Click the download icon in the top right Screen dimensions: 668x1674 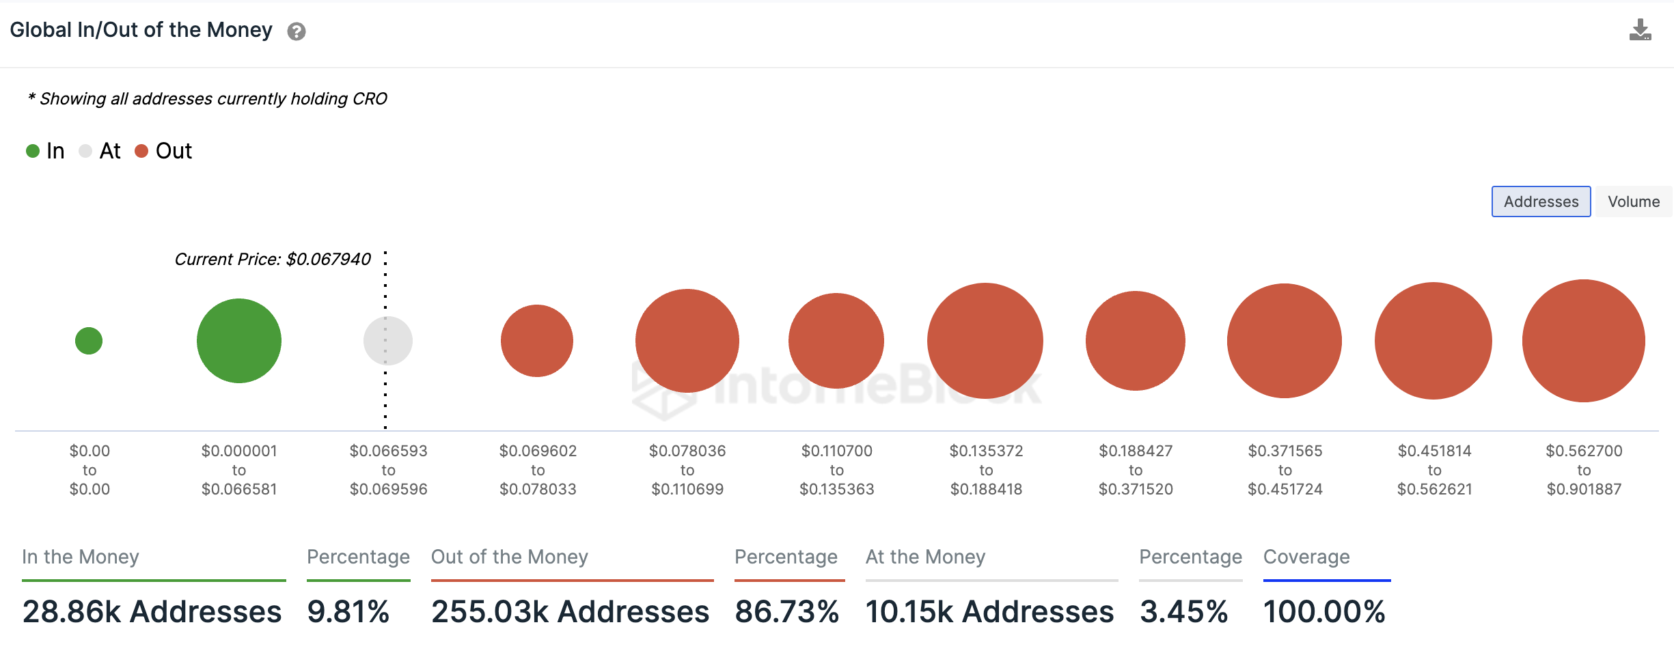(1640, 31)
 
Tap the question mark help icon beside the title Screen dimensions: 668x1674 (296, 31)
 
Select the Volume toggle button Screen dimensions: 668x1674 (1633, 201)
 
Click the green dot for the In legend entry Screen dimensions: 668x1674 (33, 151)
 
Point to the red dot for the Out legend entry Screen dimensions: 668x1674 (141, 151)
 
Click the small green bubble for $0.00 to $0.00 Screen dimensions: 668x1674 (89, 341)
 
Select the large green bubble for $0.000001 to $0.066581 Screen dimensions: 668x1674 (239, 341)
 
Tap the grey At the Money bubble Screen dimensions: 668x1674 (387, 341)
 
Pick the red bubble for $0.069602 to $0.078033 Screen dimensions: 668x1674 (537, 341)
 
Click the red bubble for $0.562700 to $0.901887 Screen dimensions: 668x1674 (1583, 341)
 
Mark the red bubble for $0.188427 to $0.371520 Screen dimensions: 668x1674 (1135, 341)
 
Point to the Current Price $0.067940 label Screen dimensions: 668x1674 (273, 260)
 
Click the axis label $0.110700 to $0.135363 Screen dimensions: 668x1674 (836, 470)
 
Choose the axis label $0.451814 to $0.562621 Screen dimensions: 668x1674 (1434, 470)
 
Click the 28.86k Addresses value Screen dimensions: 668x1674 (152, 611)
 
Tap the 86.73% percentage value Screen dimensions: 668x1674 (786, 611)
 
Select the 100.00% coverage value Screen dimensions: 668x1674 (1323, 611)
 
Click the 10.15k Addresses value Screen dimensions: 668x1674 (989, 611)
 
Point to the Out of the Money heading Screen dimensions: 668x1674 (509, 557)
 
